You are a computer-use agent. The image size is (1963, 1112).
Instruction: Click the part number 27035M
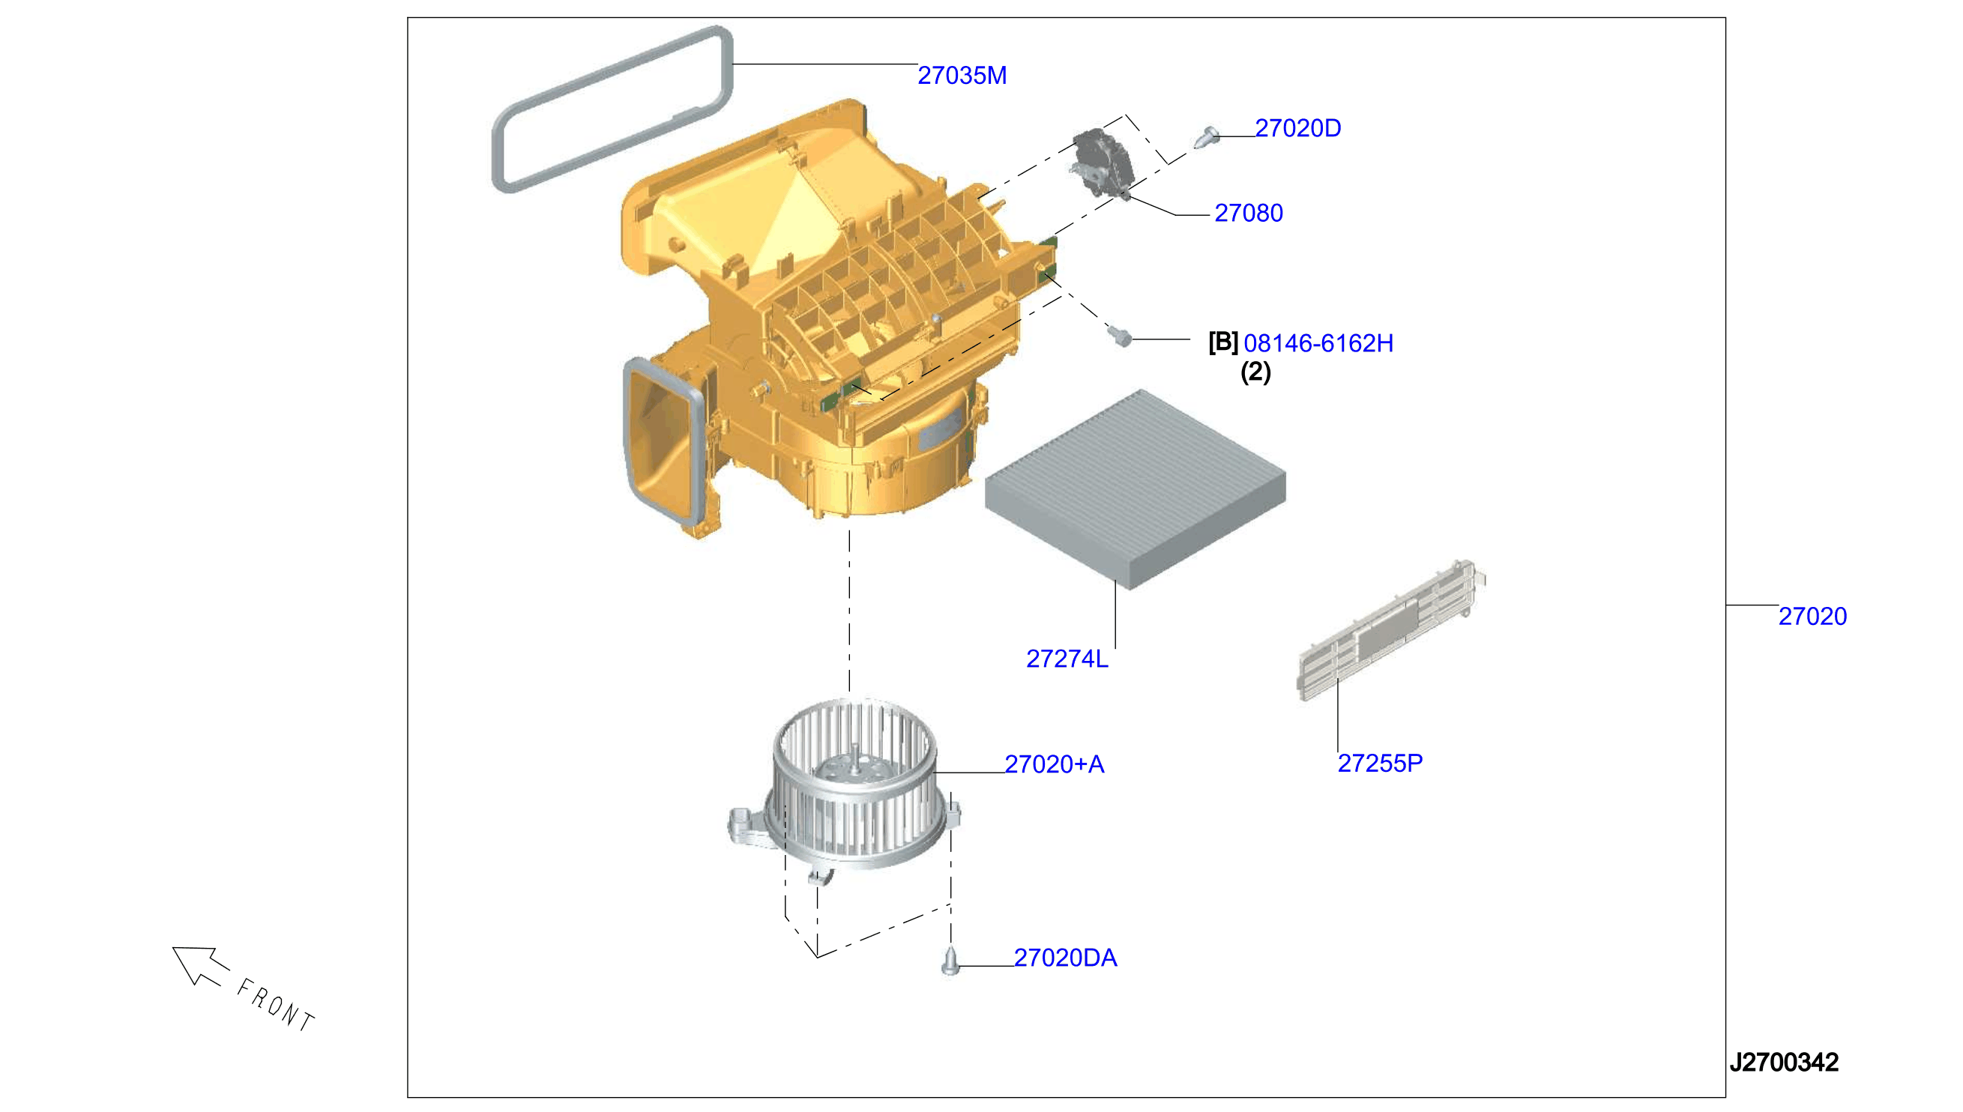click(962, 76)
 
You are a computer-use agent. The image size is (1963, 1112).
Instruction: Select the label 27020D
click(1297, 128)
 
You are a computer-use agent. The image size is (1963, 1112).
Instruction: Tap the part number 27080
click(1248, 213)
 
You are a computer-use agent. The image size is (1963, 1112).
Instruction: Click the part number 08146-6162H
click(1318, 344)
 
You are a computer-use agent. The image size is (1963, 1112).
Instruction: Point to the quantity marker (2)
click(1255, 372)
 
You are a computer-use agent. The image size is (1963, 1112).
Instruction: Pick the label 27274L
click(1067, 659)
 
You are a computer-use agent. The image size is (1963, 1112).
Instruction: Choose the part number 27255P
click(1380, 763)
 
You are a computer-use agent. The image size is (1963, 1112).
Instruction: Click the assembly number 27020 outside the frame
click(1812, 617)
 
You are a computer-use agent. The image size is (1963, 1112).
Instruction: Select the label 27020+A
click(1054, 764)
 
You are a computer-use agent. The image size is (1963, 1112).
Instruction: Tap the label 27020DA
click(1066, 958)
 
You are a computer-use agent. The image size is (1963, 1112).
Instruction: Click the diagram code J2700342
click(1785, 1063)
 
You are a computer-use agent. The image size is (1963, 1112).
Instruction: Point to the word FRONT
click(276, 1004)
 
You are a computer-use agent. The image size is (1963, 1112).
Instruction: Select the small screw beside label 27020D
click(1204, 137)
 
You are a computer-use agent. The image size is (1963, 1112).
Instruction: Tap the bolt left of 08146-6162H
click(1119, 335)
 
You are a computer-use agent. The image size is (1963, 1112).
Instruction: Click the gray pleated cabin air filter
click(1135, 489)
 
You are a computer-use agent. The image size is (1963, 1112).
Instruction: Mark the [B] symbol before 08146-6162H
click(1223, 342)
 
